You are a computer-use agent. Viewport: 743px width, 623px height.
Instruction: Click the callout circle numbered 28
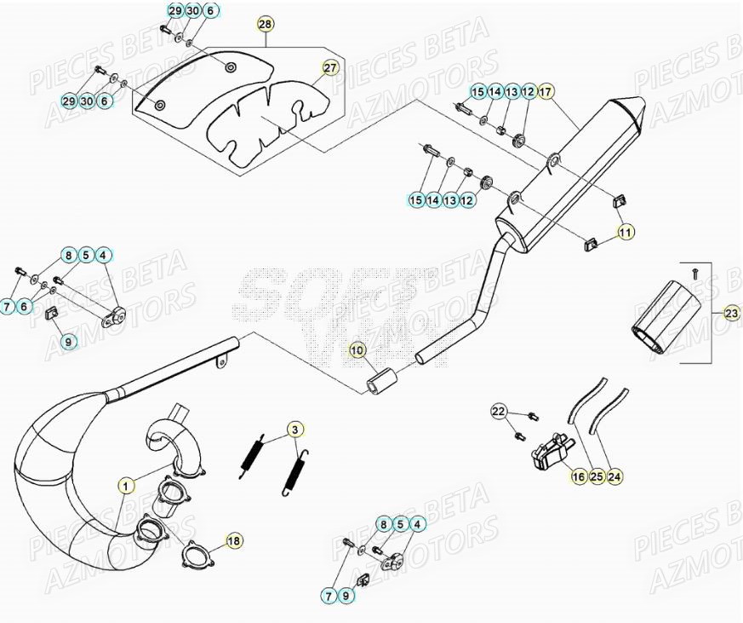pyautogui.click(x=266, y=25)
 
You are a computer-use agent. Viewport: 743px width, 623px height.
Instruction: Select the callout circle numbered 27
pyautogui.click(x=329, y=67)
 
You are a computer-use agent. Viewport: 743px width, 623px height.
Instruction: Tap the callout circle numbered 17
pyautogui.click(x=546, y=91)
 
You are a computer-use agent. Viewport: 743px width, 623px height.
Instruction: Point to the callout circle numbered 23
pyautogui.click(x=732, y=314)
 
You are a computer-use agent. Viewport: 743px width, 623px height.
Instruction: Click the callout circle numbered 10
pyautogui.click(x=357, y=350)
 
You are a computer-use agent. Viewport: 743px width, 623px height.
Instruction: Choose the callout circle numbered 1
pyautogui.click(x=127, y=487)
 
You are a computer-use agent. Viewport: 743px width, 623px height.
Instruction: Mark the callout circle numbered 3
pyautogui.click(x=294, y=429)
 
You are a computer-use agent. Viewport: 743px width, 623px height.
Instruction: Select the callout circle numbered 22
pyautogui.click(x=499, y=412)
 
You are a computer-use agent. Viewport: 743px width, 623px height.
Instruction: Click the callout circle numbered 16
pyautogui.click(x=579, y=478)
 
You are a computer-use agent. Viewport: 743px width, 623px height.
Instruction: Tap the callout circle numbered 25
pyautogui.click(x=597, y=478)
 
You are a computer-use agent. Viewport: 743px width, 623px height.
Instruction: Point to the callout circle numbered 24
pyautogui.click(x=615, y=478)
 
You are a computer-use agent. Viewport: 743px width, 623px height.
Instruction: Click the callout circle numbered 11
pyautogui.click(x=626, y=231)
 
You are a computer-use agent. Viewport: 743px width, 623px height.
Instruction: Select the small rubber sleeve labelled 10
pyautogui.click(x=379, y=381)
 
